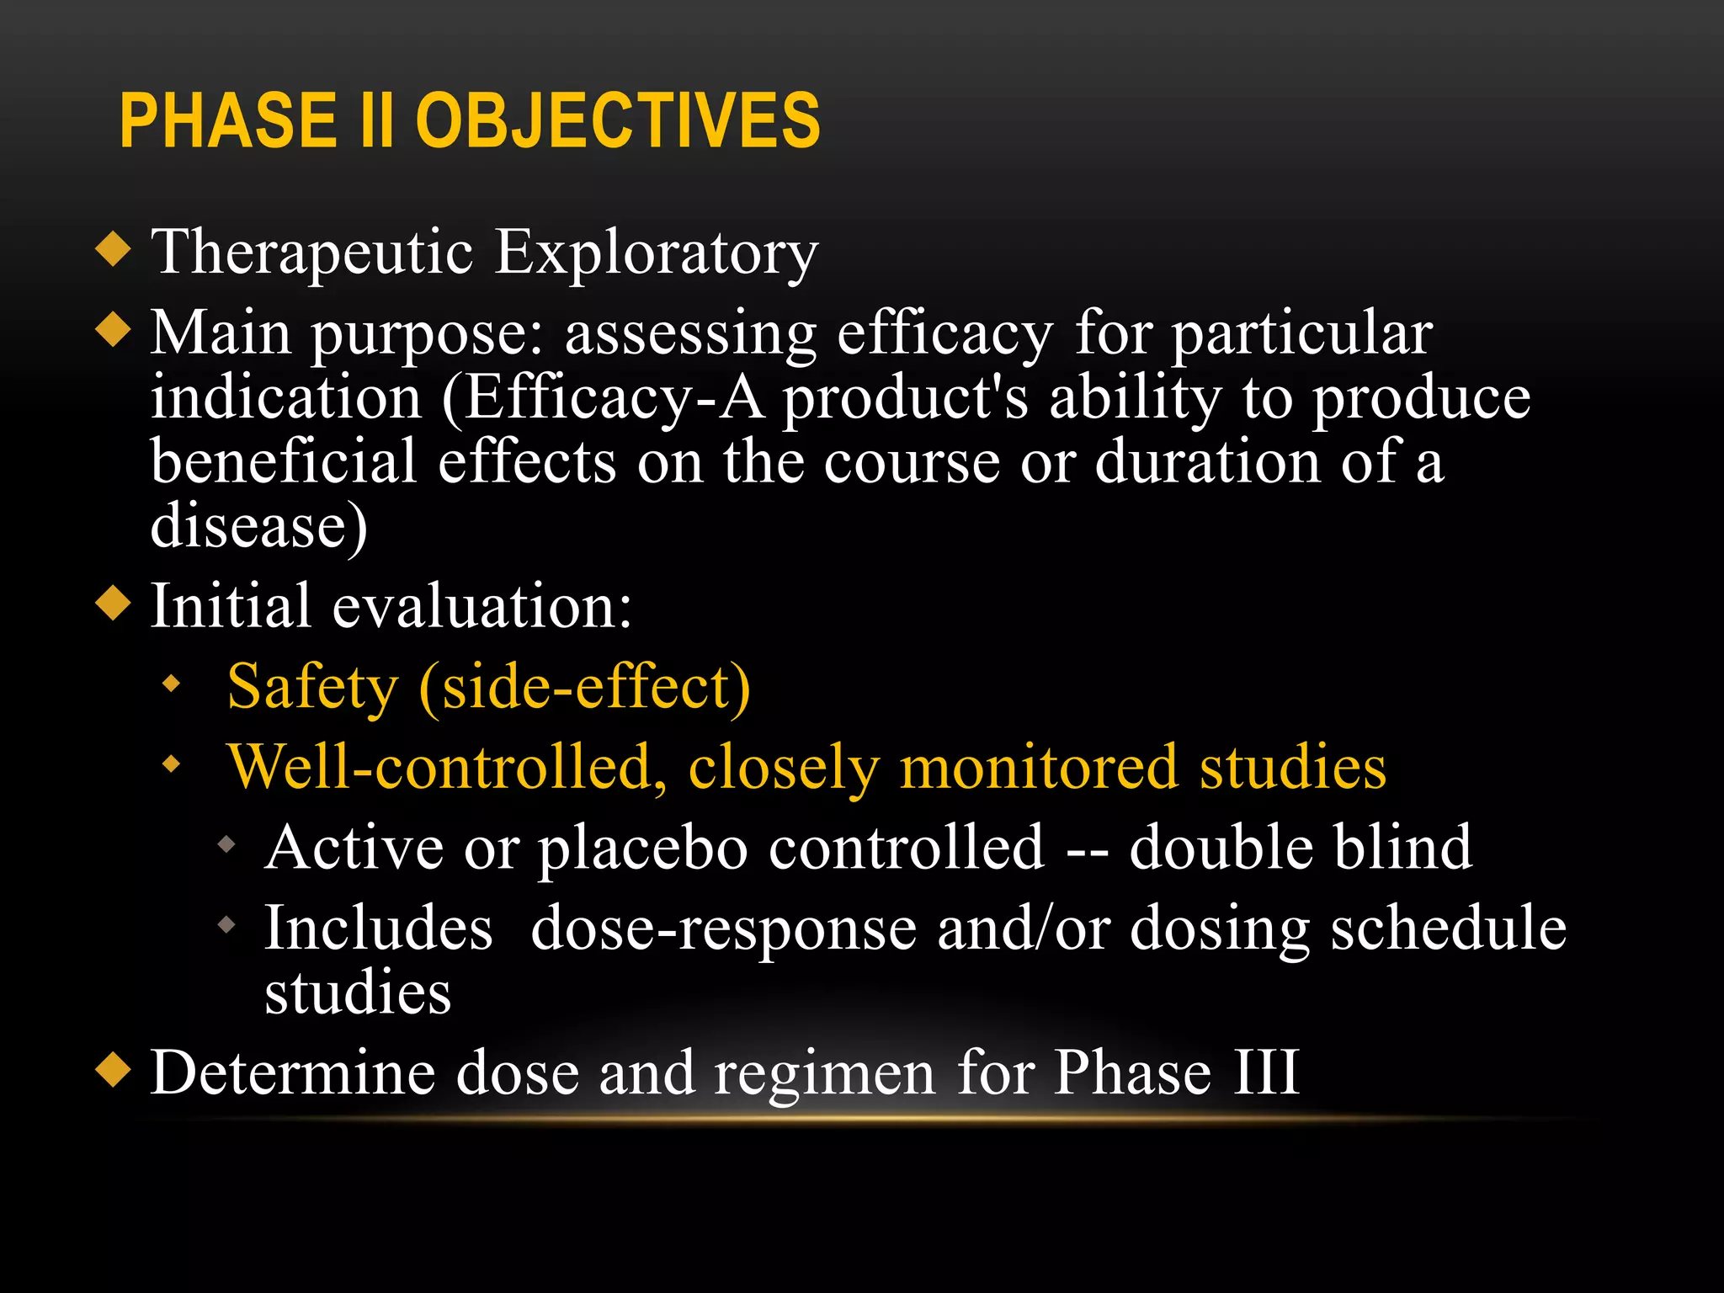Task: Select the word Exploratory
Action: coord(656,253)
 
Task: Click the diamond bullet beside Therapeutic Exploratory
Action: coord(114,249)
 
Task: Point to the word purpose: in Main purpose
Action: coord(428,335)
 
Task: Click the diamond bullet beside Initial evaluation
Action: coord(114,604)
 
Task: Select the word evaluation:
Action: coord(482,606)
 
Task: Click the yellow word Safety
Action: coord(312,688)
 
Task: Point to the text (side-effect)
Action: coord(584,688)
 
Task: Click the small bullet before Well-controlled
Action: coord(172,764)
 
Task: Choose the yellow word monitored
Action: coord(1038,768)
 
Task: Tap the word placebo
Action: coord(643,849)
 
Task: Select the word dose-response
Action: coord(724,929)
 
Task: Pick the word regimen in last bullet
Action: coord(824,1074)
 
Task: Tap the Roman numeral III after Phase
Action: coord(1267,1072)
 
